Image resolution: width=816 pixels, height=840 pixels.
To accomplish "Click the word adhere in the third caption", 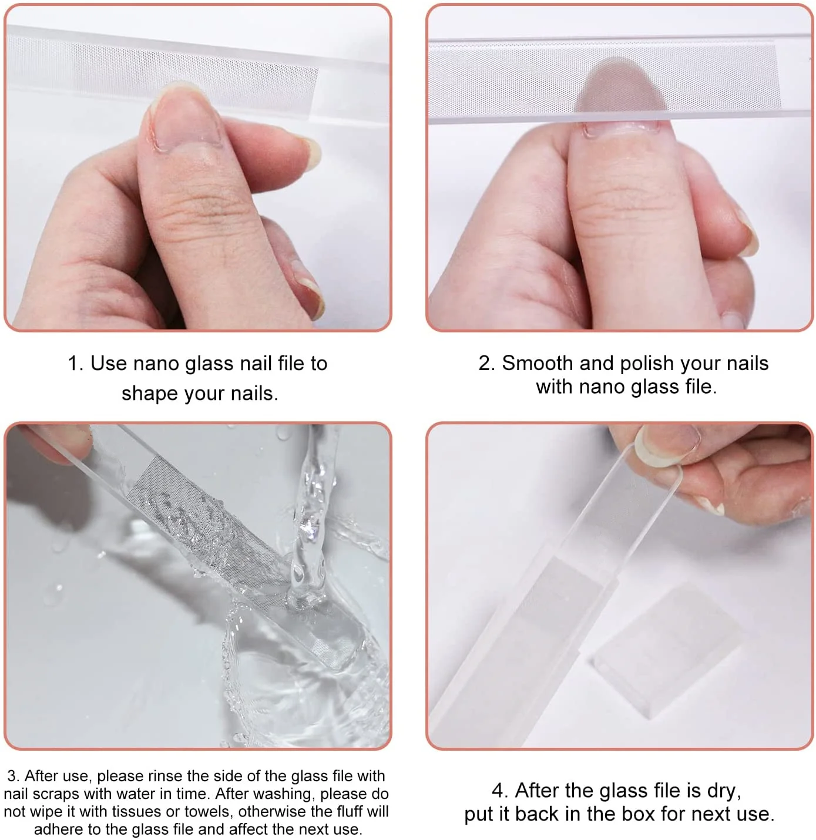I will point(58,829).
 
